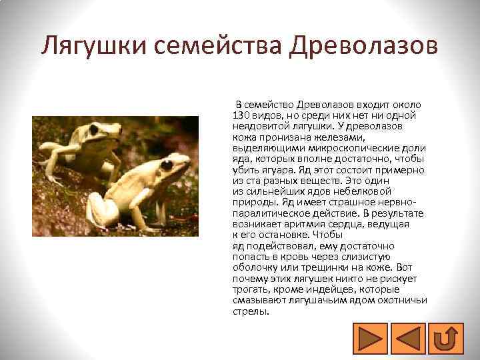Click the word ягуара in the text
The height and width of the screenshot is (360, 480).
(270, 170)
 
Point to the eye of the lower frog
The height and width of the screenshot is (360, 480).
(165, 164)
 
